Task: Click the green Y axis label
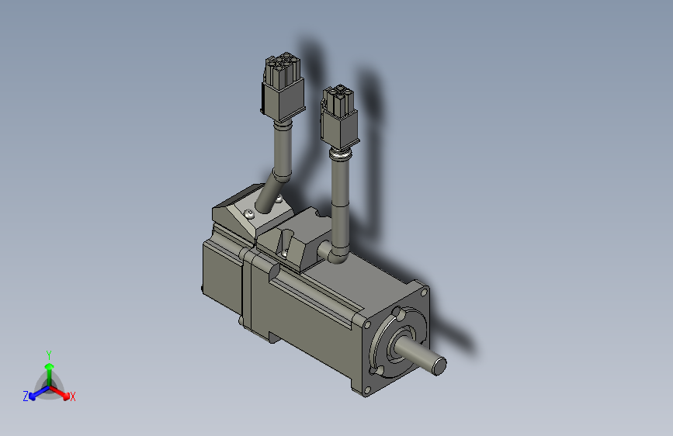49,354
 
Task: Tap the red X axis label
73,396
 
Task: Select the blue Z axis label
26,396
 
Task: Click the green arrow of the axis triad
49,369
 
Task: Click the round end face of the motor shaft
439,365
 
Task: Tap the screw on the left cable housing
248,213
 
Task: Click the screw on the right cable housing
285,251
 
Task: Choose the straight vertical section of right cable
340,202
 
